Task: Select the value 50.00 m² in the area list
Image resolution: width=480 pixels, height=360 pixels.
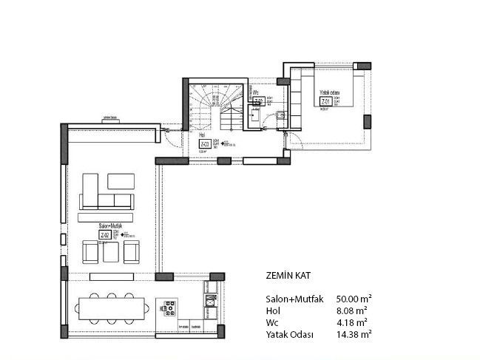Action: click(x=354, y=299)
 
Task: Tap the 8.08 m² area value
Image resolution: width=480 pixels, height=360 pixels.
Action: click(x=351, y=310)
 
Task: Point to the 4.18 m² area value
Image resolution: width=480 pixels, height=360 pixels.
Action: click(x=351, y=322)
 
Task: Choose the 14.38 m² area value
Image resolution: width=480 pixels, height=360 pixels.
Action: click(x=354, y=334)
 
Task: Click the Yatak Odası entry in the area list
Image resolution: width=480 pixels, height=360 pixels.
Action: click(x=289, y=334)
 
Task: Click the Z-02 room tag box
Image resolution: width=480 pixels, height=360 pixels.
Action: click(x=106, y=235)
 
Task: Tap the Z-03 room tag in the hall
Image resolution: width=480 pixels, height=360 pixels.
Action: click(x=204, y=143)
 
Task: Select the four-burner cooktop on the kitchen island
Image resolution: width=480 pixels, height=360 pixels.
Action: click(x=169, y=307)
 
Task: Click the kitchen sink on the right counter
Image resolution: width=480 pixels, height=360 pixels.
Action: click(x=211, y=300)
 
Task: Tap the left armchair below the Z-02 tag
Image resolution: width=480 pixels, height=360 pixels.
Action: click(x=90, y=254)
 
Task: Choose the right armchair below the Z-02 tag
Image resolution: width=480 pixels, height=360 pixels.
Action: click(x=131, y=254)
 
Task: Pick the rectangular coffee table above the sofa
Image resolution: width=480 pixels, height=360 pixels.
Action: click(x=121, y=181)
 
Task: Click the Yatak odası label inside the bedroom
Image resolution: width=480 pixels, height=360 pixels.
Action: click(x=329, y=93)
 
